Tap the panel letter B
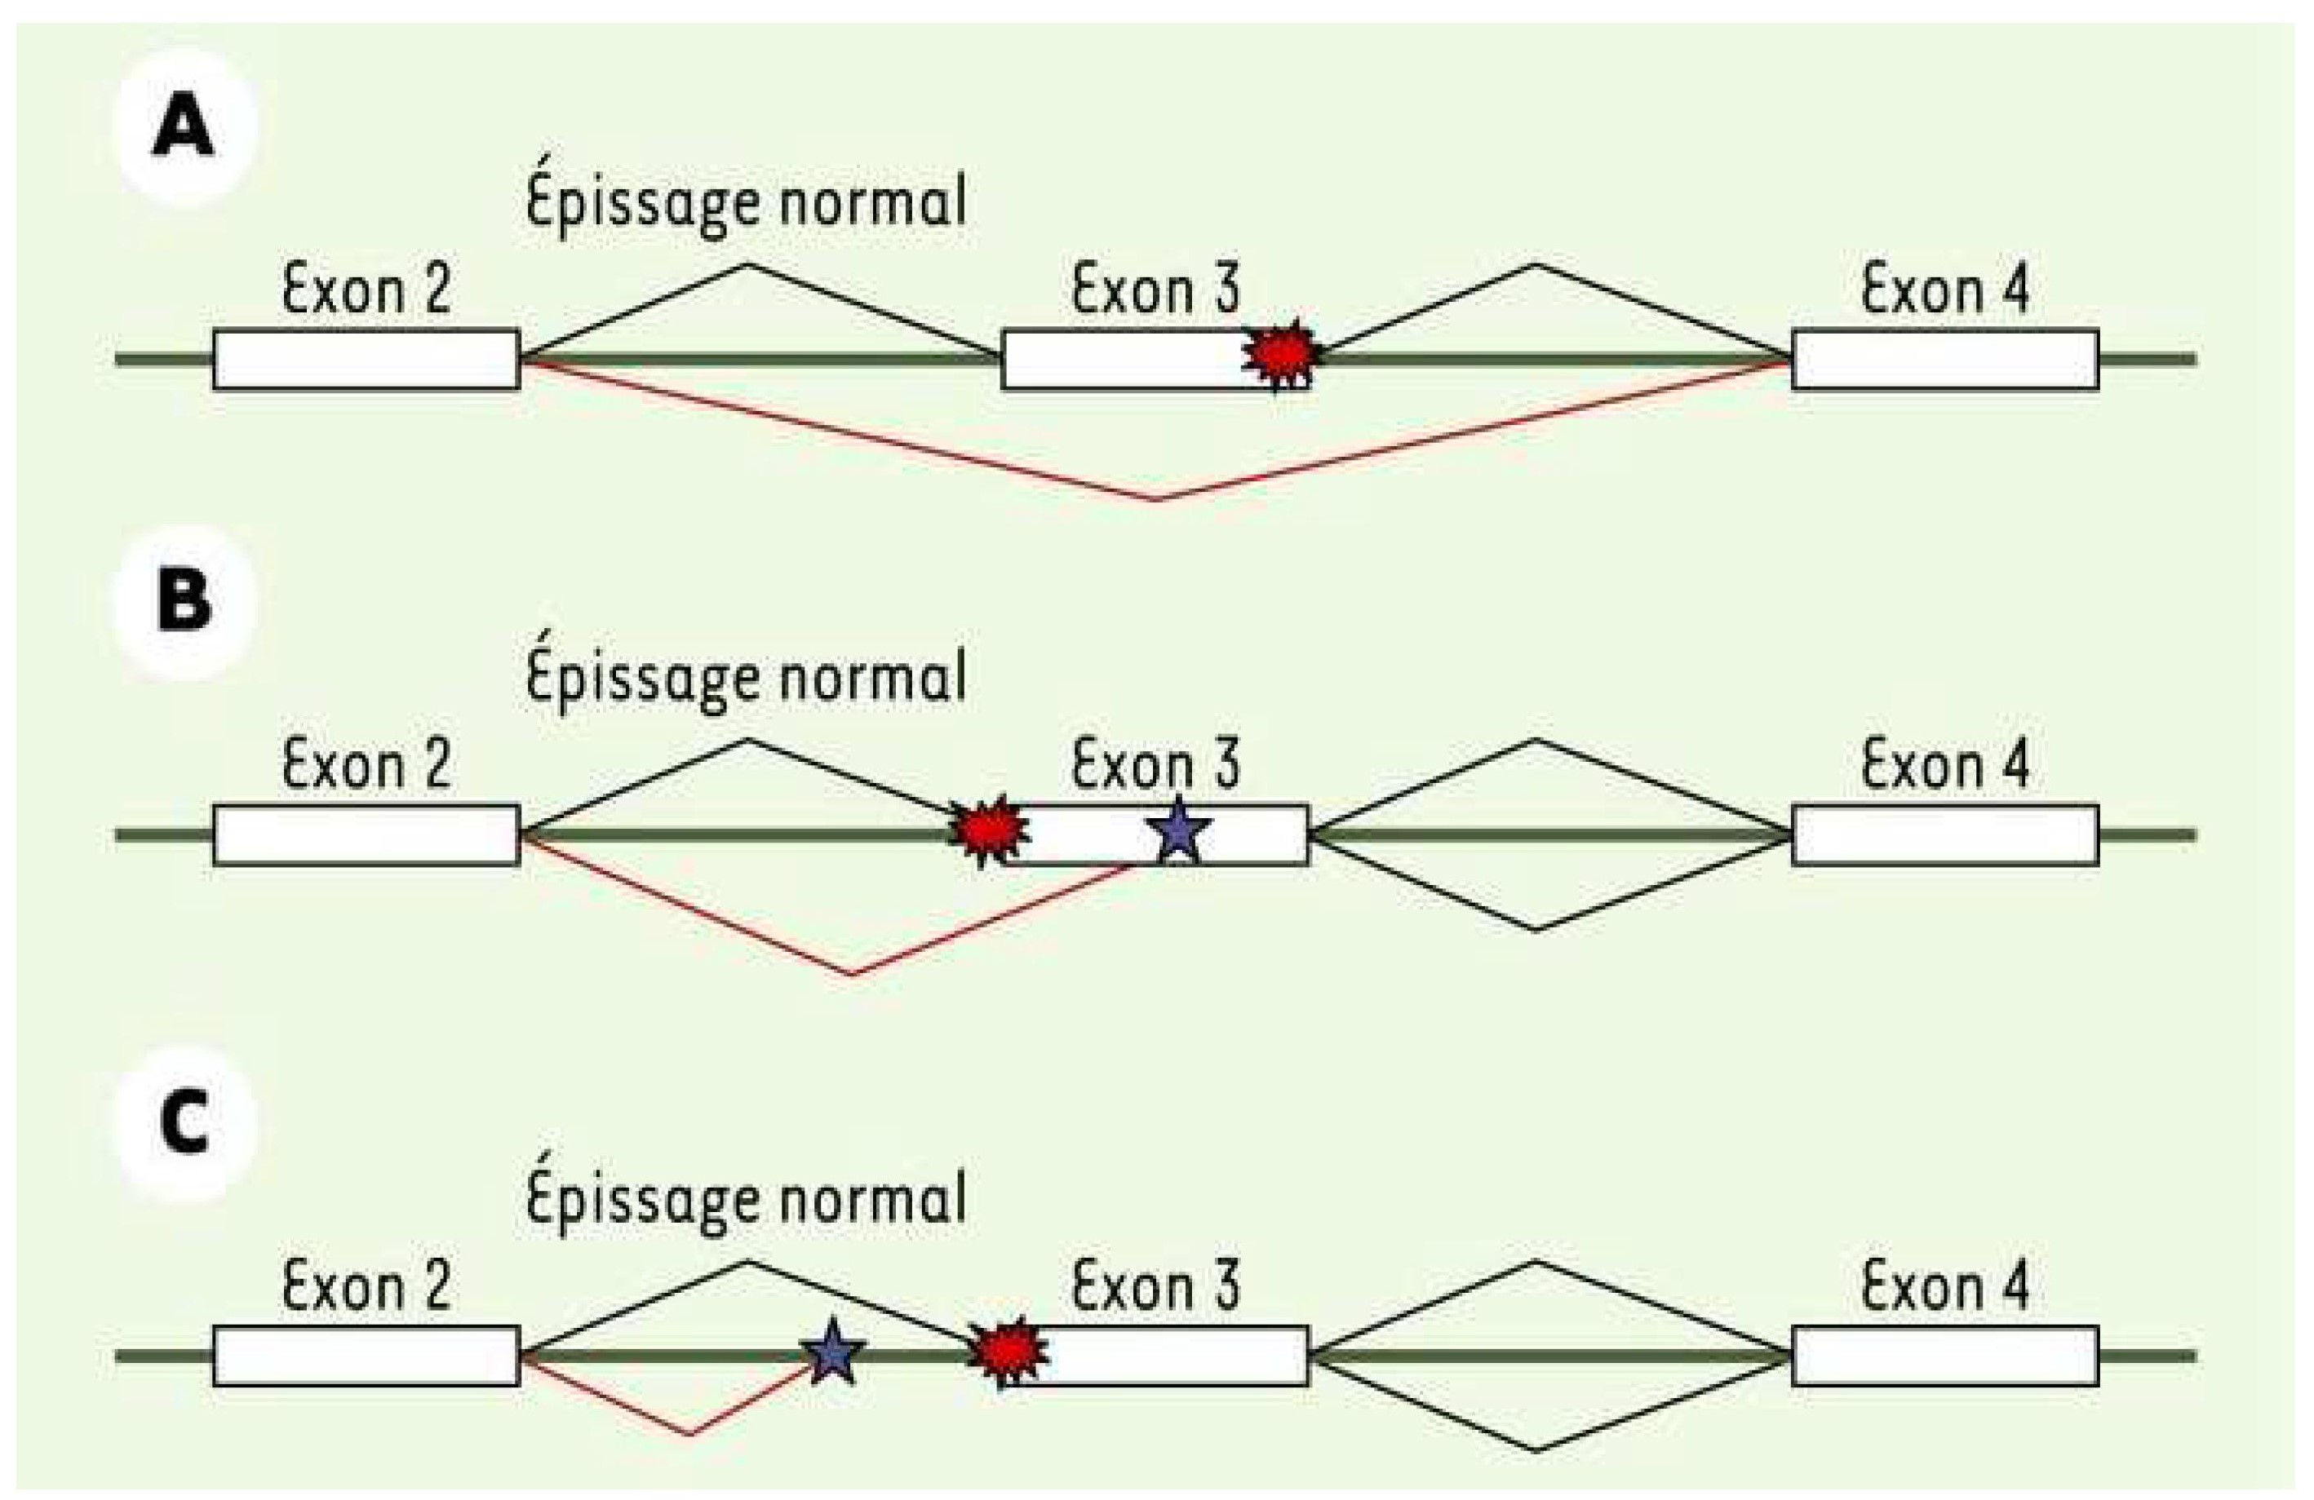tap(183, 600)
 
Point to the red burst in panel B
tap(988, 831)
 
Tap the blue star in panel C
tap(831, 1352)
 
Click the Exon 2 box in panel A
tap(366, 360)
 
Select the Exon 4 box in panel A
tap(1944, 360)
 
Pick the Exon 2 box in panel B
tap(366, 834)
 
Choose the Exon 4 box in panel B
tap(1944, 834)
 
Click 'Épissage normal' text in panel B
tap(746, 678)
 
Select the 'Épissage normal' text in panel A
tap(746, 203)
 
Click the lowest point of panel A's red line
tap(1157, 500)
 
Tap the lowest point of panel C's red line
tap(691, 1433)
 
